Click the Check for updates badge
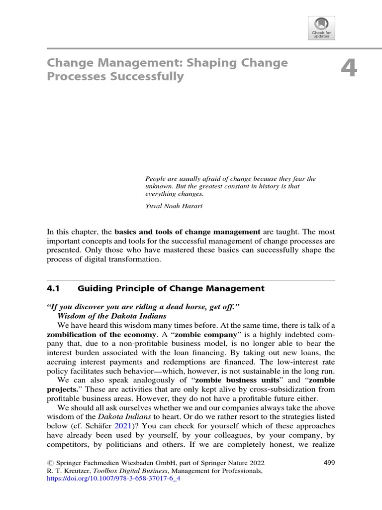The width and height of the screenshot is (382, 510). (x=321, y=28)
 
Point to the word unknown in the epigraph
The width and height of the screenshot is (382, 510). (x=159, y=186)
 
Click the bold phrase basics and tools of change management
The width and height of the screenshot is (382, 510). (x=188, y=232)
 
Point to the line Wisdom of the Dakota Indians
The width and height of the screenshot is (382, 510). (x=109, y=316)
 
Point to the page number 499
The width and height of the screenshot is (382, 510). (x=329, y=463)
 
